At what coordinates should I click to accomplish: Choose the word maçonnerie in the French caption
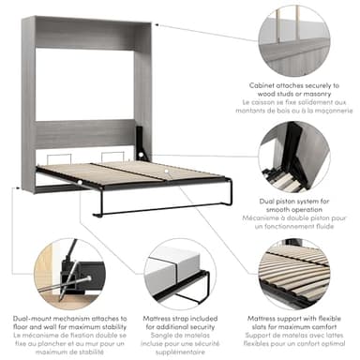click(328, 110)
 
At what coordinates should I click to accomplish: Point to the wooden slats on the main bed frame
click(112, 174)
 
